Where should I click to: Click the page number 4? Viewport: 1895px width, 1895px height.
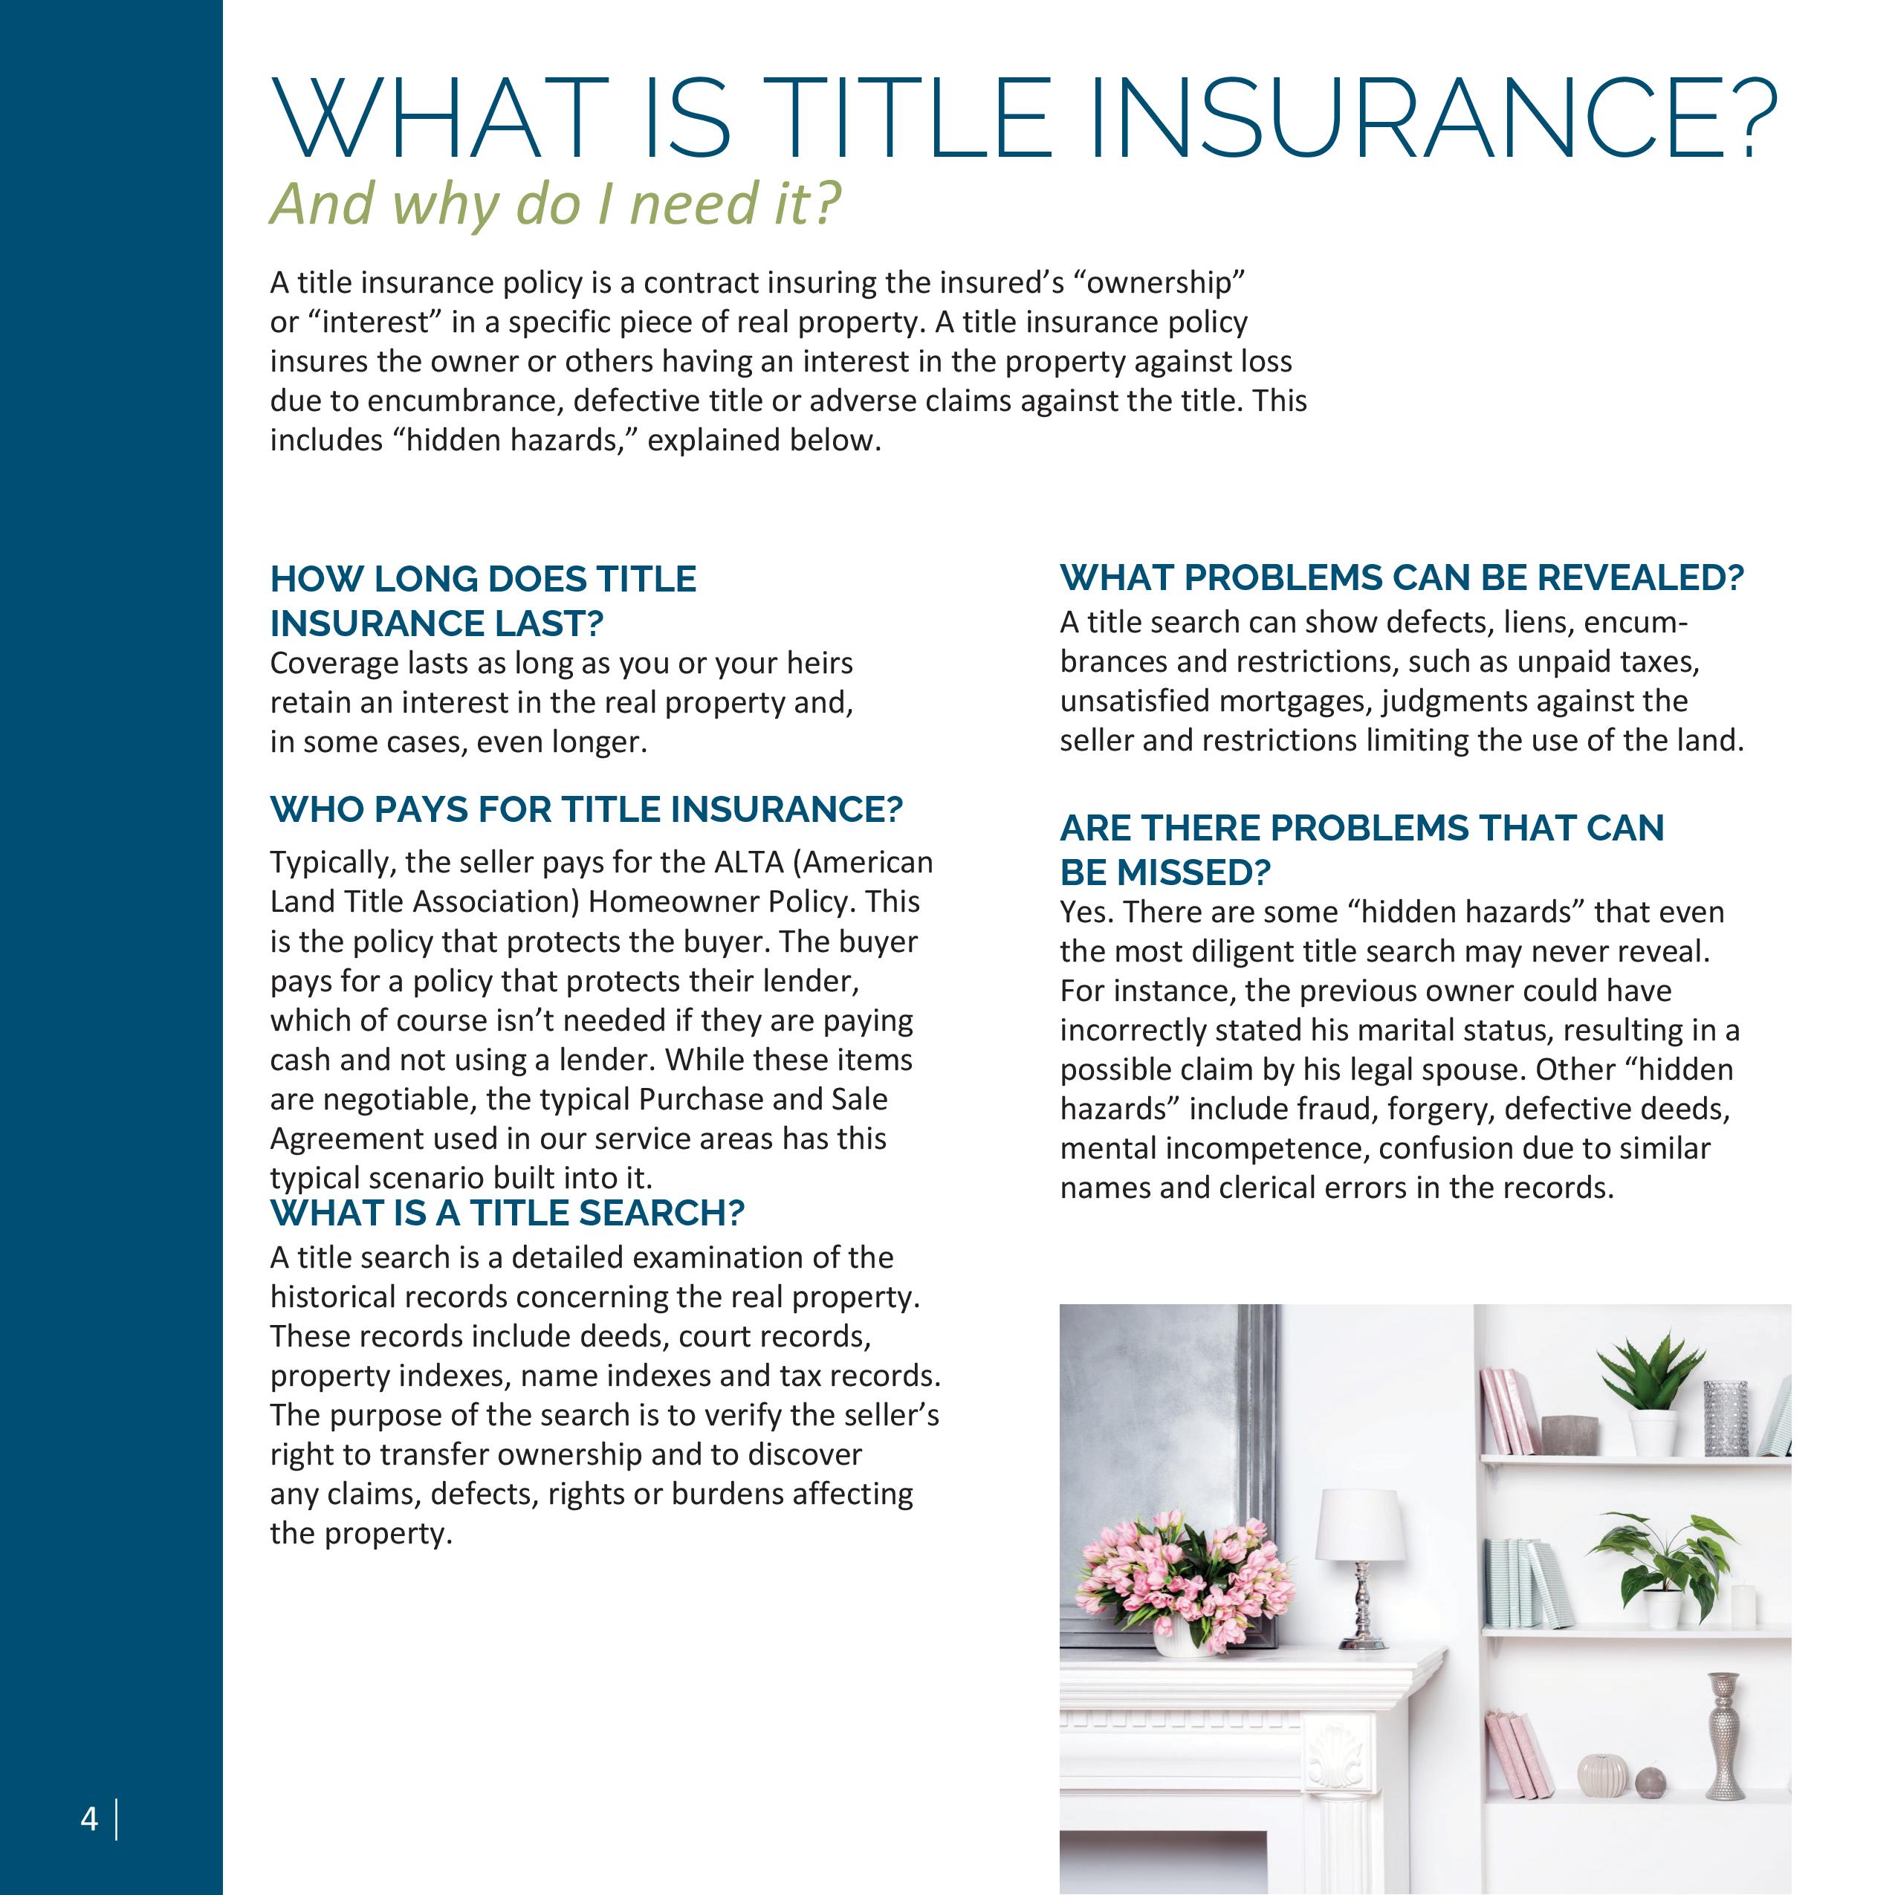click(89, 1819)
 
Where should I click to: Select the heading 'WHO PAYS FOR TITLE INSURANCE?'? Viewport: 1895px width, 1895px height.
click(586, 809)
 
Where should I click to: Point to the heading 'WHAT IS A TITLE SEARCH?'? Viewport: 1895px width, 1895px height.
click(507, 1214)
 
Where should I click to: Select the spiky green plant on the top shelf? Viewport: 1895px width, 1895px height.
click(1651, 1378)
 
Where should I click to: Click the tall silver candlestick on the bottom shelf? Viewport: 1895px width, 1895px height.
click(1723, 1737)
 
